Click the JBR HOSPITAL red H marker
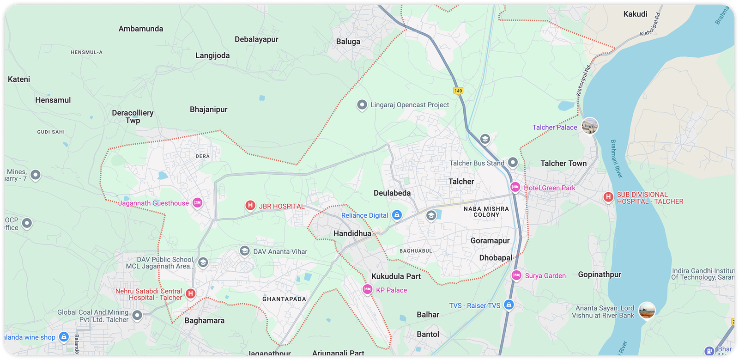250,206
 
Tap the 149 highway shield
458,91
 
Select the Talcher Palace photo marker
589,126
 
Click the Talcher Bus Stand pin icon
513,162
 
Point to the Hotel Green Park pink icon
515,187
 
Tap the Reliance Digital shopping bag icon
397,215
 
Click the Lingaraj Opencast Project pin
362,105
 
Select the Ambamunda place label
141,29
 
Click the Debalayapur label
256,39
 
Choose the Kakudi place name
635,14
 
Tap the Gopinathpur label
600,275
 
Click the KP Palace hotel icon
367,290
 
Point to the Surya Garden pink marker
516,275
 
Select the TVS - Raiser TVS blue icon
509,305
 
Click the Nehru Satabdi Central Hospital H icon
190,293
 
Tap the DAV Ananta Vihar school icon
245,251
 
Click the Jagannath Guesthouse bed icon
197,202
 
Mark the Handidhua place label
352,233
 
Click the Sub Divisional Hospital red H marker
608,197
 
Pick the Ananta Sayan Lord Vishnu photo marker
647,311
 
